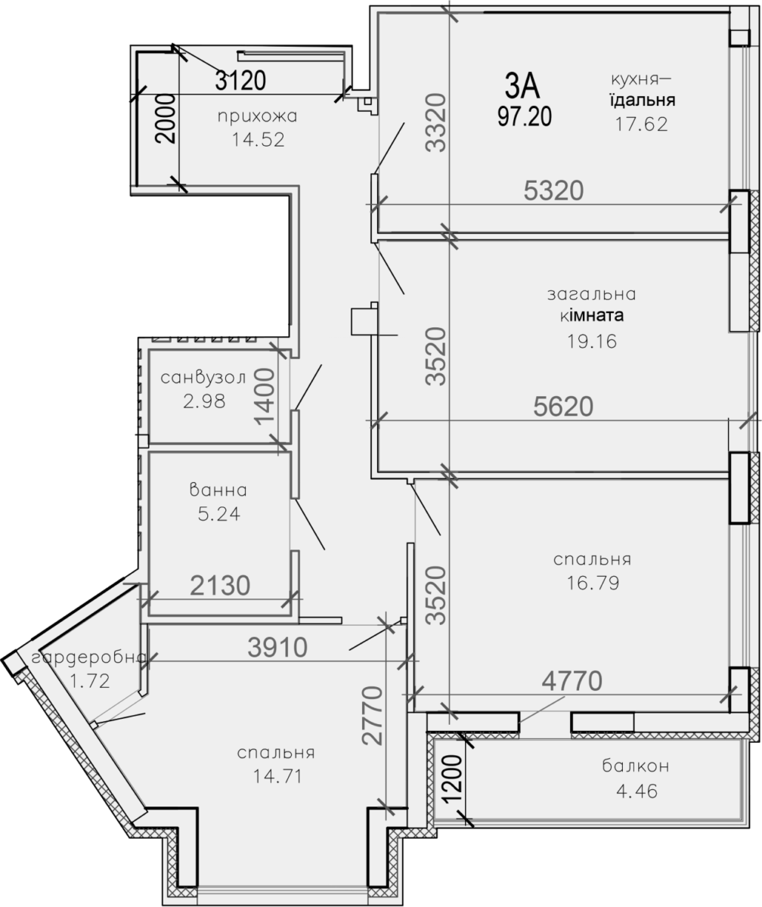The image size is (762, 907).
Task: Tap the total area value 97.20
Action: point(525,116)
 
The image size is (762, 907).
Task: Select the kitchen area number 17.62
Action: point(641,124)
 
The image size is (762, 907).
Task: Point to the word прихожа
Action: point(258,116)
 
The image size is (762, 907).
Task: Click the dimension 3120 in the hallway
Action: point(240,80)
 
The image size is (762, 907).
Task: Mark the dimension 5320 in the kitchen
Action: point(553,190)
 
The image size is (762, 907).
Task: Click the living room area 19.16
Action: point(592,342)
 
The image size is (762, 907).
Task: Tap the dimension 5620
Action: point(563,407)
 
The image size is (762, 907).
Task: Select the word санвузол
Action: point(203,377)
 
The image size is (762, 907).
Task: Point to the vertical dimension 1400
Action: point(265,396)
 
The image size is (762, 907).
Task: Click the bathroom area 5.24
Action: point(219,514)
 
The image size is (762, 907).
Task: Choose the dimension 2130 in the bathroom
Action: point(220,586)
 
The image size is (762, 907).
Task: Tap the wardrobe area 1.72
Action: point(90,681)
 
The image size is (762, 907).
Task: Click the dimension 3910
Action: point(277,648)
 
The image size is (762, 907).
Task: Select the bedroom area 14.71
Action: point(277,775)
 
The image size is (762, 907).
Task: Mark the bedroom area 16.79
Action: point(593,583)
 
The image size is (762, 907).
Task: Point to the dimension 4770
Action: point(571,681)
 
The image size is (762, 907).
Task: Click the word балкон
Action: point(636,766)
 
